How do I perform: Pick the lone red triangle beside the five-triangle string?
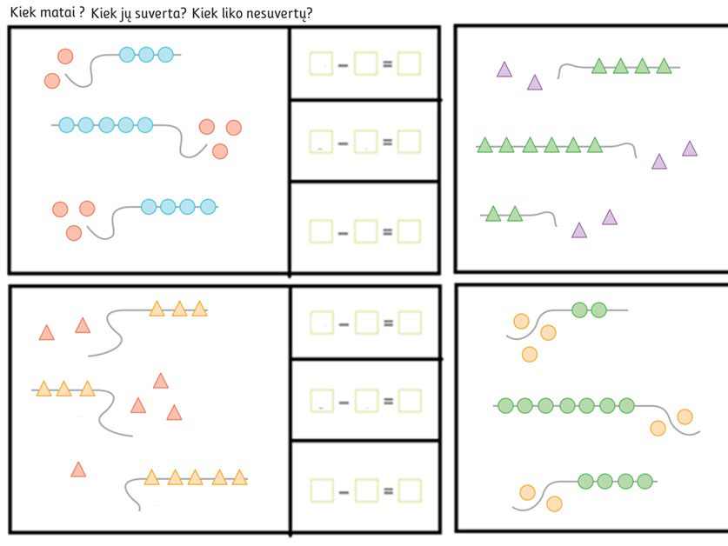(78, 470)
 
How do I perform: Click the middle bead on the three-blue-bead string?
(145, 55)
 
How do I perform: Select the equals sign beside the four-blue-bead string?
(387, 231)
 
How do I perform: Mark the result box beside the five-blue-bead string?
(409, 143)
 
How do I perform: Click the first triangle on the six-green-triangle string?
(485, 145)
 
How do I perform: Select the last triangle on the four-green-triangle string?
(665, 66)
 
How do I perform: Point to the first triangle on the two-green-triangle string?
(493, 213)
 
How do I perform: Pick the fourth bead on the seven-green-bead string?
(567, 405)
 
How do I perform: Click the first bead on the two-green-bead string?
(580, 309)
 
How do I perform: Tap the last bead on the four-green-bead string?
(645, 481)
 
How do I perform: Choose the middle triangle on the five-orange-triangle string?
(196, 477)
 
